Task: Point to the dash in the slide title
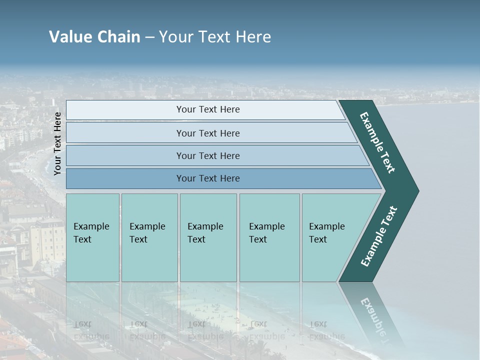149,37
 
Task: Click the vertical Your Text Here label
57,143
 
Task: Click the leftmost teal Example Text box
92,237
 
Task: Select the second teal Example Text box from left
149,237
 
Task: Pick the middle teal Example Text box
208,237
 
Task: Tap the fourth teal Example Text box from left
269,237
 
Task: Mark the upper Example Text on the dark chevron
377,142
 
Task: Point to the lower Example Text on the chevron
379,236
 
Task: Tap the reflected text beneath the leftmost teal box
91,330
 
